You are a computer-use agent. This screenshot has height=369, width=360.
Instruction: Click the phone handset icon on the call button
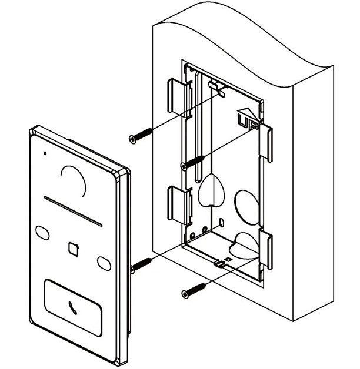[x=72, y=308]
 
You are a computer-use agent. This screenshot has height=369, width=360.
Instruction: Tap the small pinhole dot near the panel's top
[x=45, y=154]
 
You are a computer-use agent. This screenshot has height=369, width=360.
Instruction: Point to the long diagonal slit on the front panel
[x=74, y=211]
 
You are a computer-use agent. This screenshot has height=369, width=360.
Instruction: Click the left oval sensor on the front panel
[x=42, y=233]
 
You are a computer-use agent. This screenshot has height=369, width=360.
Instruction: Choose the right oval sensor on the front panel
[x=104, y=264]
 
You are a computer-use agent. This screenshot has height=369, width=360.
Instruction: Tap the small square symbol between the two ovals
[x=74, y=249]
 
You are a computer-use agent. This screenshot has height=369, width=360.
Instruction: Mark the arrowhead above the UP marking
[x=246, y=113]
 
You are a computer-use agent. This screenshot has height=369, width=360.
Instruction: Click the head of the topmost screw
[x=133, y=139]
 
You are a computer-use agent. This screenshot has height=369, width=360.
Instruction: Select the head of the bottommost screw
[x=185, y=294]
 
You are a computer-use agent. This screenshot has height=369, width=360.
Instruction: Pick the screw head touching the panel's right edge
[x=132, y=269]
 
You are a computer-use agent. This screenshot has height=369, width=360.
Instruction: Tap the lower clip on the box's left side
[x=179, y=204]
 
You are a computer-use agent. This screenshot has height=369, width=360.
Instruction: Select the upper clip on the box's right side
[x=265, y=142]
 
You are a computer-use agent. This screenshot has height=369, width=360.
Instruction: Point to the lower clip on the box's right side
[x=265, y=249]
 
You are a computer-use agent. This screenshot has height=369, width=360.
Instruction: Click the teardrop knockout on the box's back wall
[x=211, y=190]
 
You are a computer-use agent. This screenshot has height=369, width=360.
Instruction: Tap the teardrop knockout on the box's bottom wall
[x=244, y=246]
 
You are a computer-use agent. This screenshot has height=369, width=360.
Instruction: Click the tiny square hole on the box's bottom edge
[x=228, y=259]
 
